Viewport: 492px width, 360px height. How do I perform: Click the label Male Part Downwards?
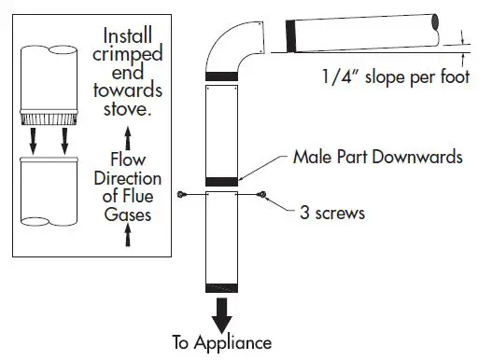(378, 157)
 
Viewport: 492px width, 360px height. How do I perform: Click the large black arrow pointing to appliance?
(222, 312)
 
